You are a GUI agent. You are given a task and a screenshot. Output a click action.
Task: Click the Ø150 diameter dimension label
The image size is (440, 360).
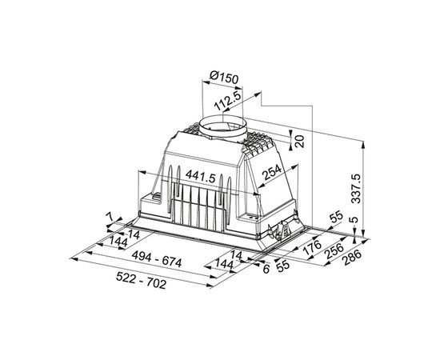224,78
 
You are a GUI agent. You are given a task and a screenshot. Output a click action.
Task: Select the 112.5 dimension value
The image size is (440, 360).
227,101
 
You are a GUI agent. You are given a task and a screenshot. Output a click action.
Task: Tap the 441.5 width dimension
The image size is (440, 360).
200,177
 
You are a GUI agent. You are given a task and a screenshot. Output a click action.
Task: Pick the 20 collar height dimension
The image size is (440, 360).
300,141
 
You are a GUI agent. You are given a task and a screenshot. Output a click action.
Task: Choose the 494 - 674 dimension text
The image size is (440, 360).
157,258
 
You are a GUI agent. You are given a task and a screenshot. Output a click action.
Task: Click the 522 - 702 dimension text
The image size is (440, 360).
141,280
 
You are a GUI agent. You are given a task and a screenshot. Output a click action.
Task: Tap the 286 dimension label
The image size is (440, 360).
353,258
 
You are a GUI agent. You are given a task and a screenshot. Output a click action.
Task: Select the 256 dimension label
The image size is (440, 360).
334,251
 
